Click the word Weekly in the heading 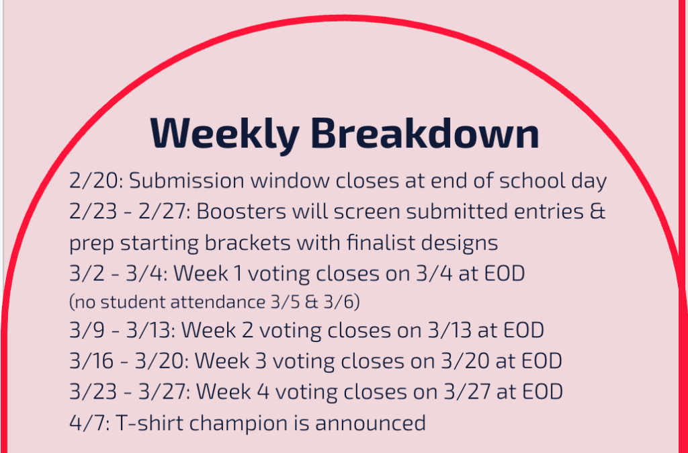tap(224, 134)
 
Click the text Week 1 tap(208, 273)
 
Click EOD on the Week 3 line tap(542, 361)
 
